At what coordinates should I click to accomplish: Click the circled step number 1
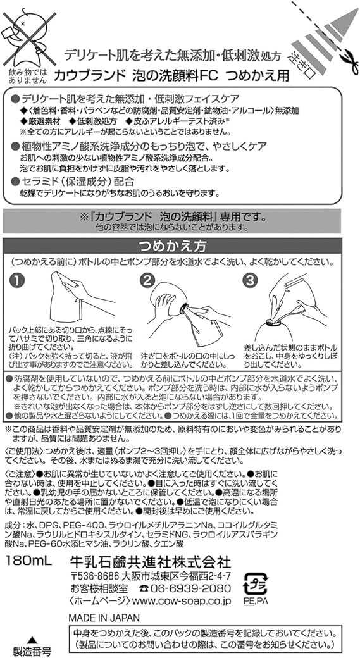point(17,281)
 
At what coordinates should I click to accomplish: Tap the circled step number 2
point(147,281)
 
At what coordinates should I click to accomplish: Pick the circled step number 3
point(251,281)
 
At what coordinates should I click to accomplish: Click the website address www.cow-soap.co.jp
point(181,601)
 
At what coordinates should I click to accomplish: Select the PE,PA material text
point(256,601)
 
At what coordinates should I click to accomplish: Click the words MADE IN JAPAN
point(104,618)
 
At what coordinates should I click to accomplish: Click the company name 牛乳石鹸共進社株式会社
point(150,561)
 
